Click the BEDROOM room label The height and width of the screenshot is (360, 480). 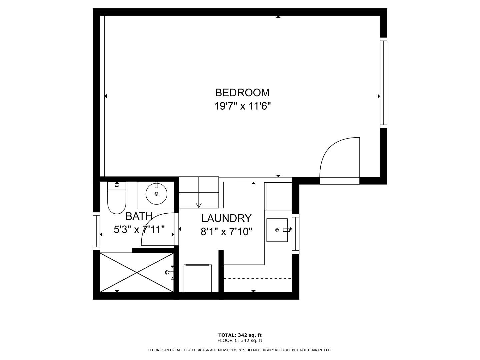[x=242, y=92]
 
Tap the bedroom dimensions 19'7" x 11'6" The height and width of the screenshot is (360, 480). [x=242, y=106]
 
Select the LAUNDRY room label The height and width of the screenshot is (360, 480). [x=226, y=218]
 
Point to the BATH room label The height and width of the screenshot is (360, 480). [x=139, y=216]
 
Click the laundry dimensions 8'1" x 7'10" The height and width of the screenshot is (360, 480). [x=226, y=231]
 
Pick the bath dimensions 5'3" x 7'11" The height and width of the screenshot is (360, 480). [x=139, y=230]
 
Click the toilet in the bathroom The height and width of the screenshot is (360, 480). [x=117, y=199]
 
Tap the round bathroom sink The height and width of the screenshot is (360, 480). [x=156, y=194]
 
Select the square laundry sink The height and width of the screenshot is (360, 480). [x=277, y=230]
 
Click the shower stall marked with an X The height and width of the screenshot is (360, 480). [x=137, y=273]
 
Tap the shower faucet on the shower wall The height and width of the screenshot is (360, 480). [x=170, y=272]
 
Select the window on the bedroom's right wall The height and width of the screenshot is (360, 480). [x=384, y=82]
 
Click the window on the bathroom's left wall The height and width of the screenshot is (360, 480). [x=96, y=231]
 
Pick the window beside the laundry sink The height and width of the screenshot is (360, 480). [x=295, y=233]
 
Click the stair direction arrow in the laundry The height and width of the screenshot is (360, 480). [x=199, y=205]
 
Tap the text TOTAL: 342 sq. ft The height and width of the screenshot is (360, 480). [x=240, y=335]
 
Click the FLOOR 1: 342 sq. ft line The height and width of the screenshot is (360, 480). [x=240, y=340]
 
